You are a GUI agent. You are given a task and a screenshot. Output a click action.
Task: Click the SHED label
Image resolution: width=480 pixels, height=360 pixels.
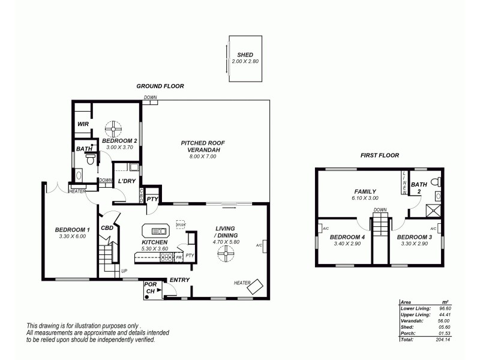244,55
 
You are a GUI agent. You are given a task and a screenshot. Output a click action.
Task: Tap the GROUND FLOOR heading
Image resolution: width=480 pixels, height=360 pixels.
160,86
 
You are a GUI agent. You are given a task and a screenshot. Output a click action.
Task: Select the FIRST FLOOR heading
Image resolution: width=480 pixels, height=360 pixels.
379,155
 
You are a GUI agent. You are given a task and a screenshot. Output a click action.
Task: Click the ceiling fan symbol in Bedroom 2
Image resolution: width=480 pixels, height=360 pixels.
112,128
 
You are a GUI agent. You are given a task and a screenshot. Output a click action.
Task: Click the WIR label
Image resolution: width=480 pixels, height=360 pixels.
83,124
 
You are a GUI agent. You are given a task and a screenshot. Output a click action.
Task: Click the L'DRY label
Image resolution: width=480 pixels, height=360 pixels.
126,181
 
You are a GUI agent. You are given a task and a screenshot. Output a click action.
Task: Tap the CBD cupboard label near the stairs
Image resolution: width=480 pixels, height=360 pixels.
107,228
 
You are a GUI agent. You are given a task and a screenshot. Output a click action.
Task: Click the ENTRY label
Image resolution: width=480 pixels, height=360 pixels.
179,280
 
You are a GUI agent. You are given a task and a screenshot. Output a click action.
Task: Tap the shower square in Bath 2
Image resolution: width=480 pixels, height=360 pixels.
433,210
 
